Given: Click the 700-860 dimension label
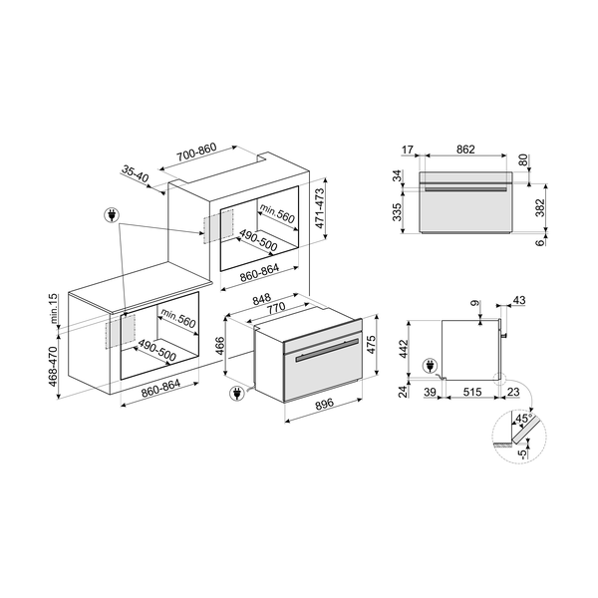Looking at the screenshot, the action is tap(196, 152).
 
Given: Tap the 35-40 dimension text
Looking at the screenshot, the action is tap(136, 173).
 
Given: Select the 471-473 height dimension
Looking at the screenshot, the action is tap(319, 208).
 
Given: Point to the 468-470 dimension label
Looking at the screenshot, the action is tap(53, 366).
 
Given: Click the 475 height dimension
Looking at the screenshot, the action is tap(371, 344).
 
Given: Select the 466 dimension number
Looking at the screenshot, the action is tap(220, 346).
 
